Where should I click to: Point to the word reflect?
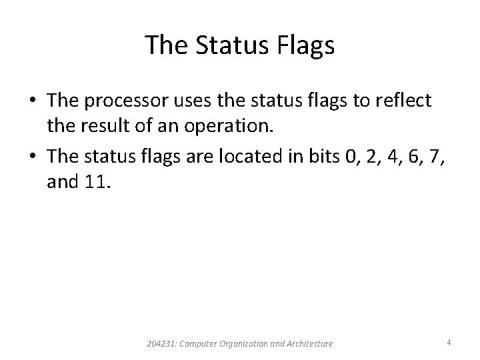pos(405,101)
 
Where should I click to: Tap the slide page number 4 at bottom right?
pos(449,343)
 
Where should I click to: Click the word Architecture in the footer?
pos(309,343)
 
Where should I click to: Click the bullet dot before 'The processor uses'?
pos(32,101)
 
